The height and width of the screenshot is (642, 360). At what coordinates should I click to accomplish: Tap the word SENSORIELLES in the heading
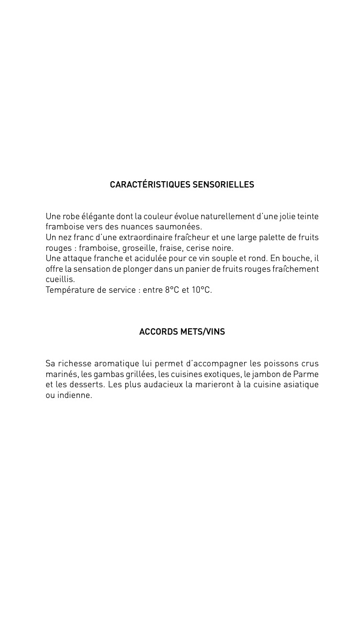pyautogui.click(x=223, y=185)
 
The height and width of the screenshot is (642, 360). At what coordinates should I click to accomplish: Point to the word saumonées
pyautogui.click(x=180, y=227)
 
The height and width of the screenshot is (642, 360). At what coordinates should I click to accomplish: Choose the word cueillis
pyautogui.click(x=60, y=280)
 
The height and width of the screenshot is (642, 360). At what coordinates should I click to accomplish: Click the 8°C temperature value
pyautogui.click(x=172, y=290)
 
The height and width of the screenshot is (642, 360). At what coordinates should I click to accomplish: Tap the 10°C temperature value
pyautogui.click(x=201, y=290)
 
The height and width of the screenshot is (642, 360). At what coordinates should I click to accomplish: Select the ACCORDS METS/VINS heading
pyautogui.click(x=182, y=332)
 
